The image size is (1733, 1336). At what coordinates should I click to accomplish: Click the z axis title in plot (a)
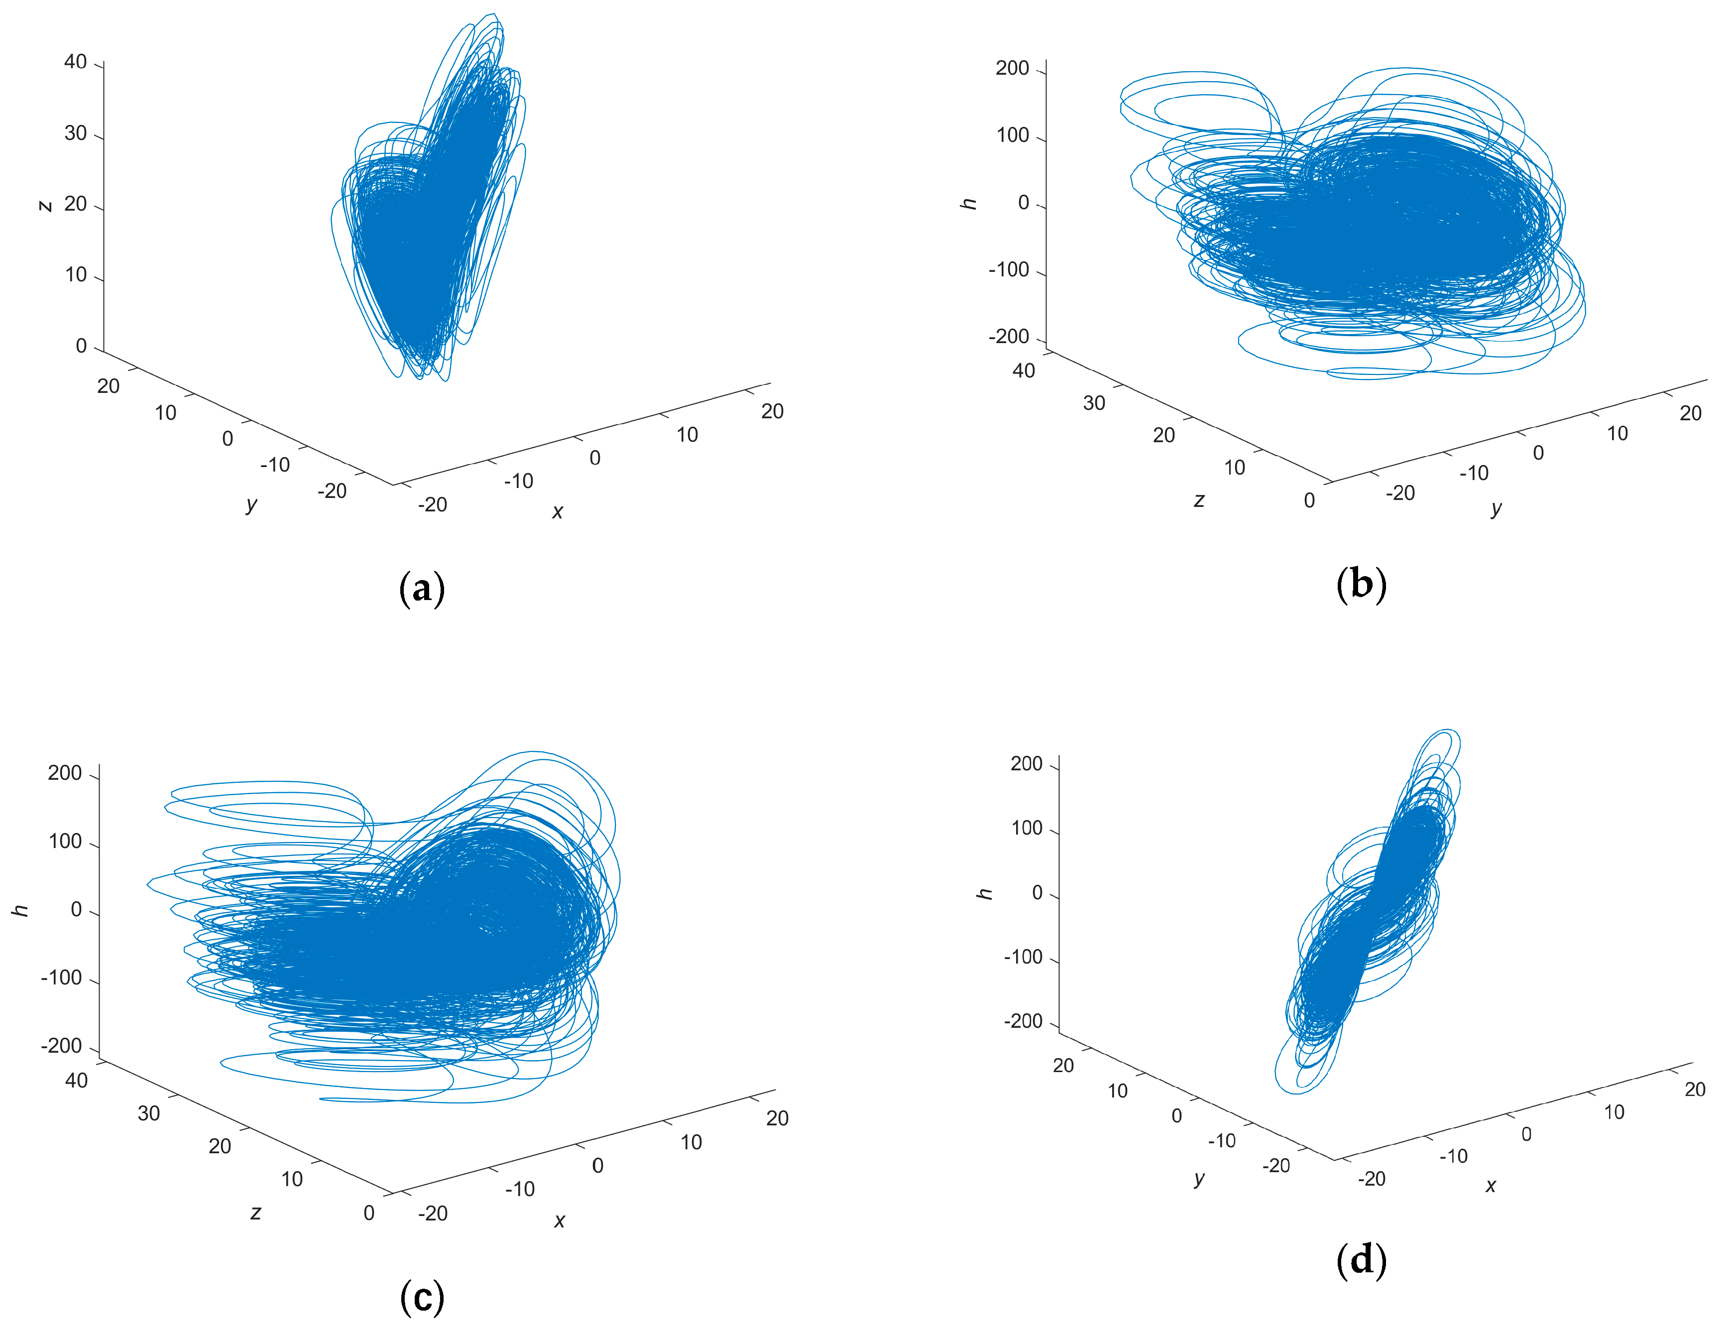(x=45, y=205)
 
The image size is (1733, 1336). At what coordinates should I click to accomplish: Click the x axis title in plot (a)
(x=557, y=512)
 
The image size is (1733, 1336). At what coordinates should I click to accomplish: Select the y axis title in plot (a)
(x=251, y=503)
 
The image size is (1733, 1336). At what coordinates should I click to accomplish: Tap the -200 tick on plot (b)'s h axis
(x=1009, y=337)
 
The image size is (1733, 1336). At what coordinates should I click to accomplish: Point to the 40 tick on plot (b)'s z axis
(x=1024, y=370)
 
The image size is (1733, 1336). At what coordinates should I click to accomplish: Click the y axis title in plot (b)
(x=1496, y=507)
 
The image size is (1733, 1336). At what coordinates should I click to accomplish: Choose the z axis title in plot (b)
(x=1198, y=500)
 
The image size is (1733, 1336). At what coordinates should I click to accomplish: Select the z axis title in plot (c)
(x=255, y=1212)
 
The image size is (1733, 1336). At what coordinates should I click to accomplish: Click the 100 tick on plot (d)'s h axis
(x=1026, y=828)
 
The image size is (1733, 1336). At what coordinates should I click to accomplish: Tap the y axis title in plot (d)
(x=1199, y=1178)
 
